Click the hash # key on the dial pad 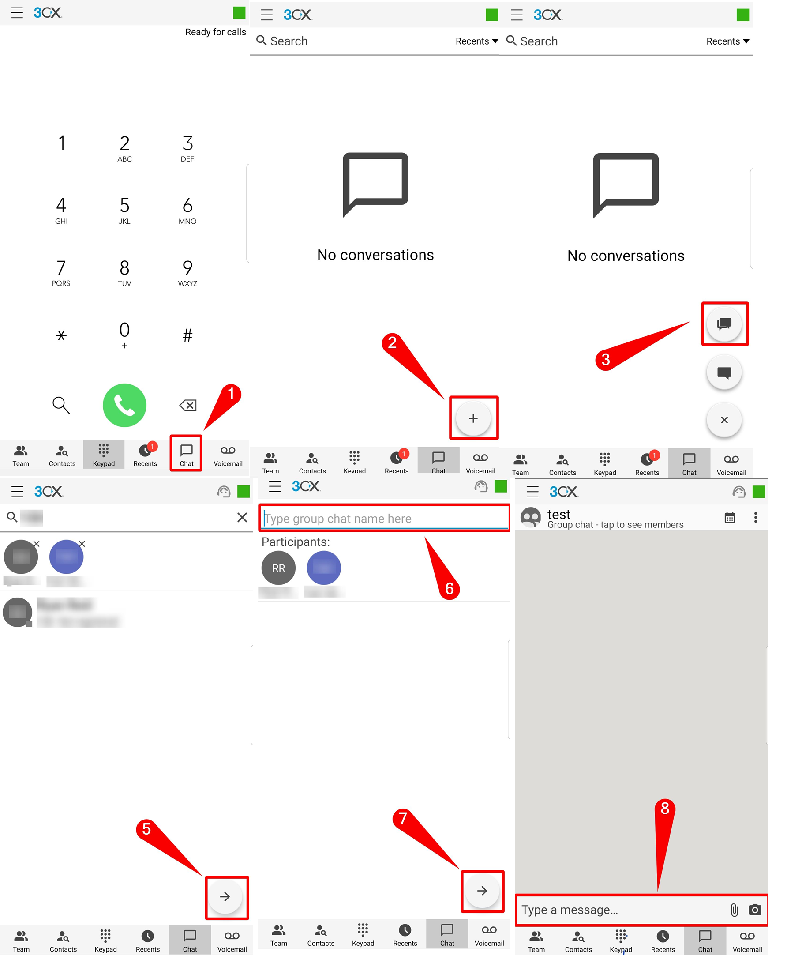click(x=187, y=336)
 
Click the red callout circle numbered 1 click(x=231, y=394)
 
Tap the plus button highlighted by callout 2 click(x=473, y=418)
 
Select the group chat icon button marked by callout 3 click(x=723, y=324)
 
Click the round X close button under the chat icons click(x=723, y=420)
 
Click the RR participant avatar click(x=278, y=568)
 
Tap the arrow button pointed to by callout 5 click(x=225, y=896)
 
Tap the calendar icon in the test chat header click(x=730, y=517)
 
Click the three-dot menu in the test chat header click(x=755, y=517)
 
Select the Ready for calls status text click(x=215, y=32)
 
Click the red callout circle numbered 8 click(x=664, y=808)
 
